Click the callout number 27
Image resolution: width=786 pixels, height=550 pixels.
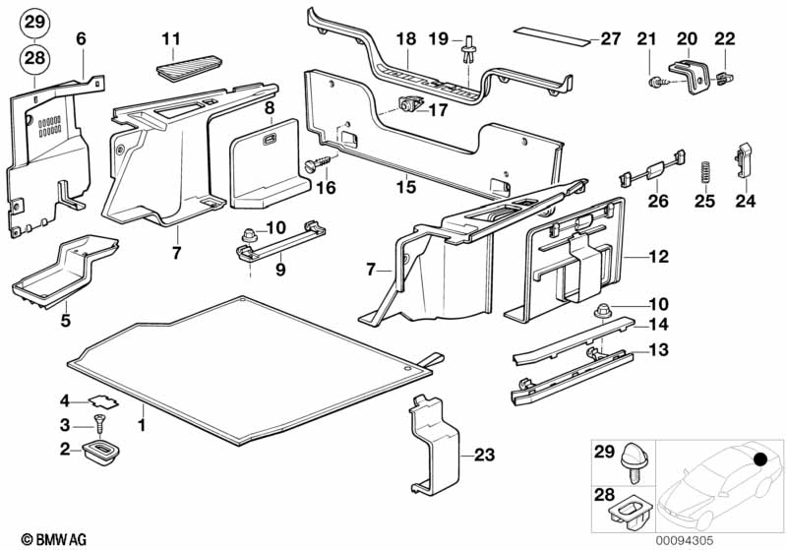coord(611,39)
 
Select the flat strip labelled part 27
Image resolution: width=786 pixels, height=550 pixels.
coord(555,38)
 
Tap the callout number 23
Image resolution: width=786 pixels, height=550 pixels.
coord(483,455)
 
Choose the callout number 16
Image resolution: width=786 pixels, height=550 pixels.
coord(326,187)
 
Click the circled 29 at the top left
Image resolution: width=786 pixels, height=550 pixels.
coord(33,23)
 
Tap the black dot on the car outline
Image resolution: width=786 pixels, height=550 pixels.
coord(759,458)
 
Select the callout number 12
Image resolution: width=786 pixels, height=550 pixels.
coord(658,257)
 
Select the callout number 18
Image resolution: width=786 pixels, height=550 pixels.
coord(406,39)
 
